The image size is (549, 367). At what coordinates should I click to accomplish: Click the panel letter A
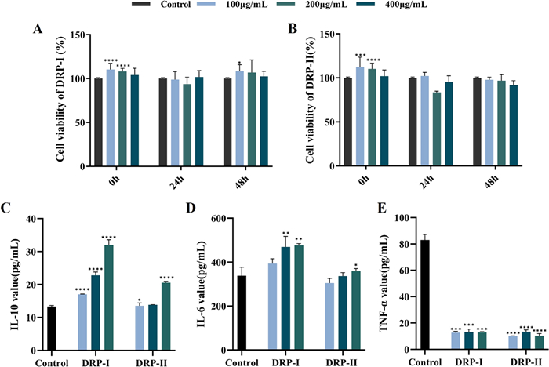tap(37, 30)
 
